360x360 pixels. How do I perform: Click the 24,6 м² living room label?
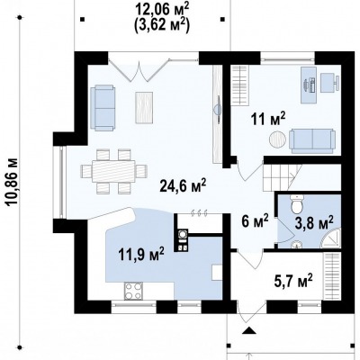click(183, 186)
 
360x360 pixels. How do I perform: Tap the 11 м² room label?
click(268, 119)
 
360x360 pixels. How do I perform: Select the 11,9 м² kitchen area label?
click(141, 255)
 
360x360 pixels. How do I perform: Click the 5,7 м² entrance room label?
click(293, 281)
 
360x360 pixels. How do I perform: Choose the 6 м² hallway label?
click(255, 222)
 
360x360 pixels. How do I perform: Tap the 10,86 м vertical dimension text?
click(13, 182)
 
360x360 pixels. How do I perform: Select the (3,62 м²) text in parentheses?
click(162, 25)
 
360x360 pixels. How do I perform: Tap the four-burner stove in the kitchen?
click(133, 291)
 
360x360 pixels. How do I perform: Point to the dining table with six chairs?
click(113, 171)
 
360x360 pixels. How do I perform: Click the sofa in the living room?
click(103, 108)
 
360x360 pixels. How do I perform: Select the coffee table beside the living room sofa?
click(144, 107)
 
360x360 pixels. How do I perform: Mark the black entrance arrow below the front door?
click(248, 330)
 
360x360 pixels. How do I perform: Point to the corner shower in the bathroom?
click(331, 238)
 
